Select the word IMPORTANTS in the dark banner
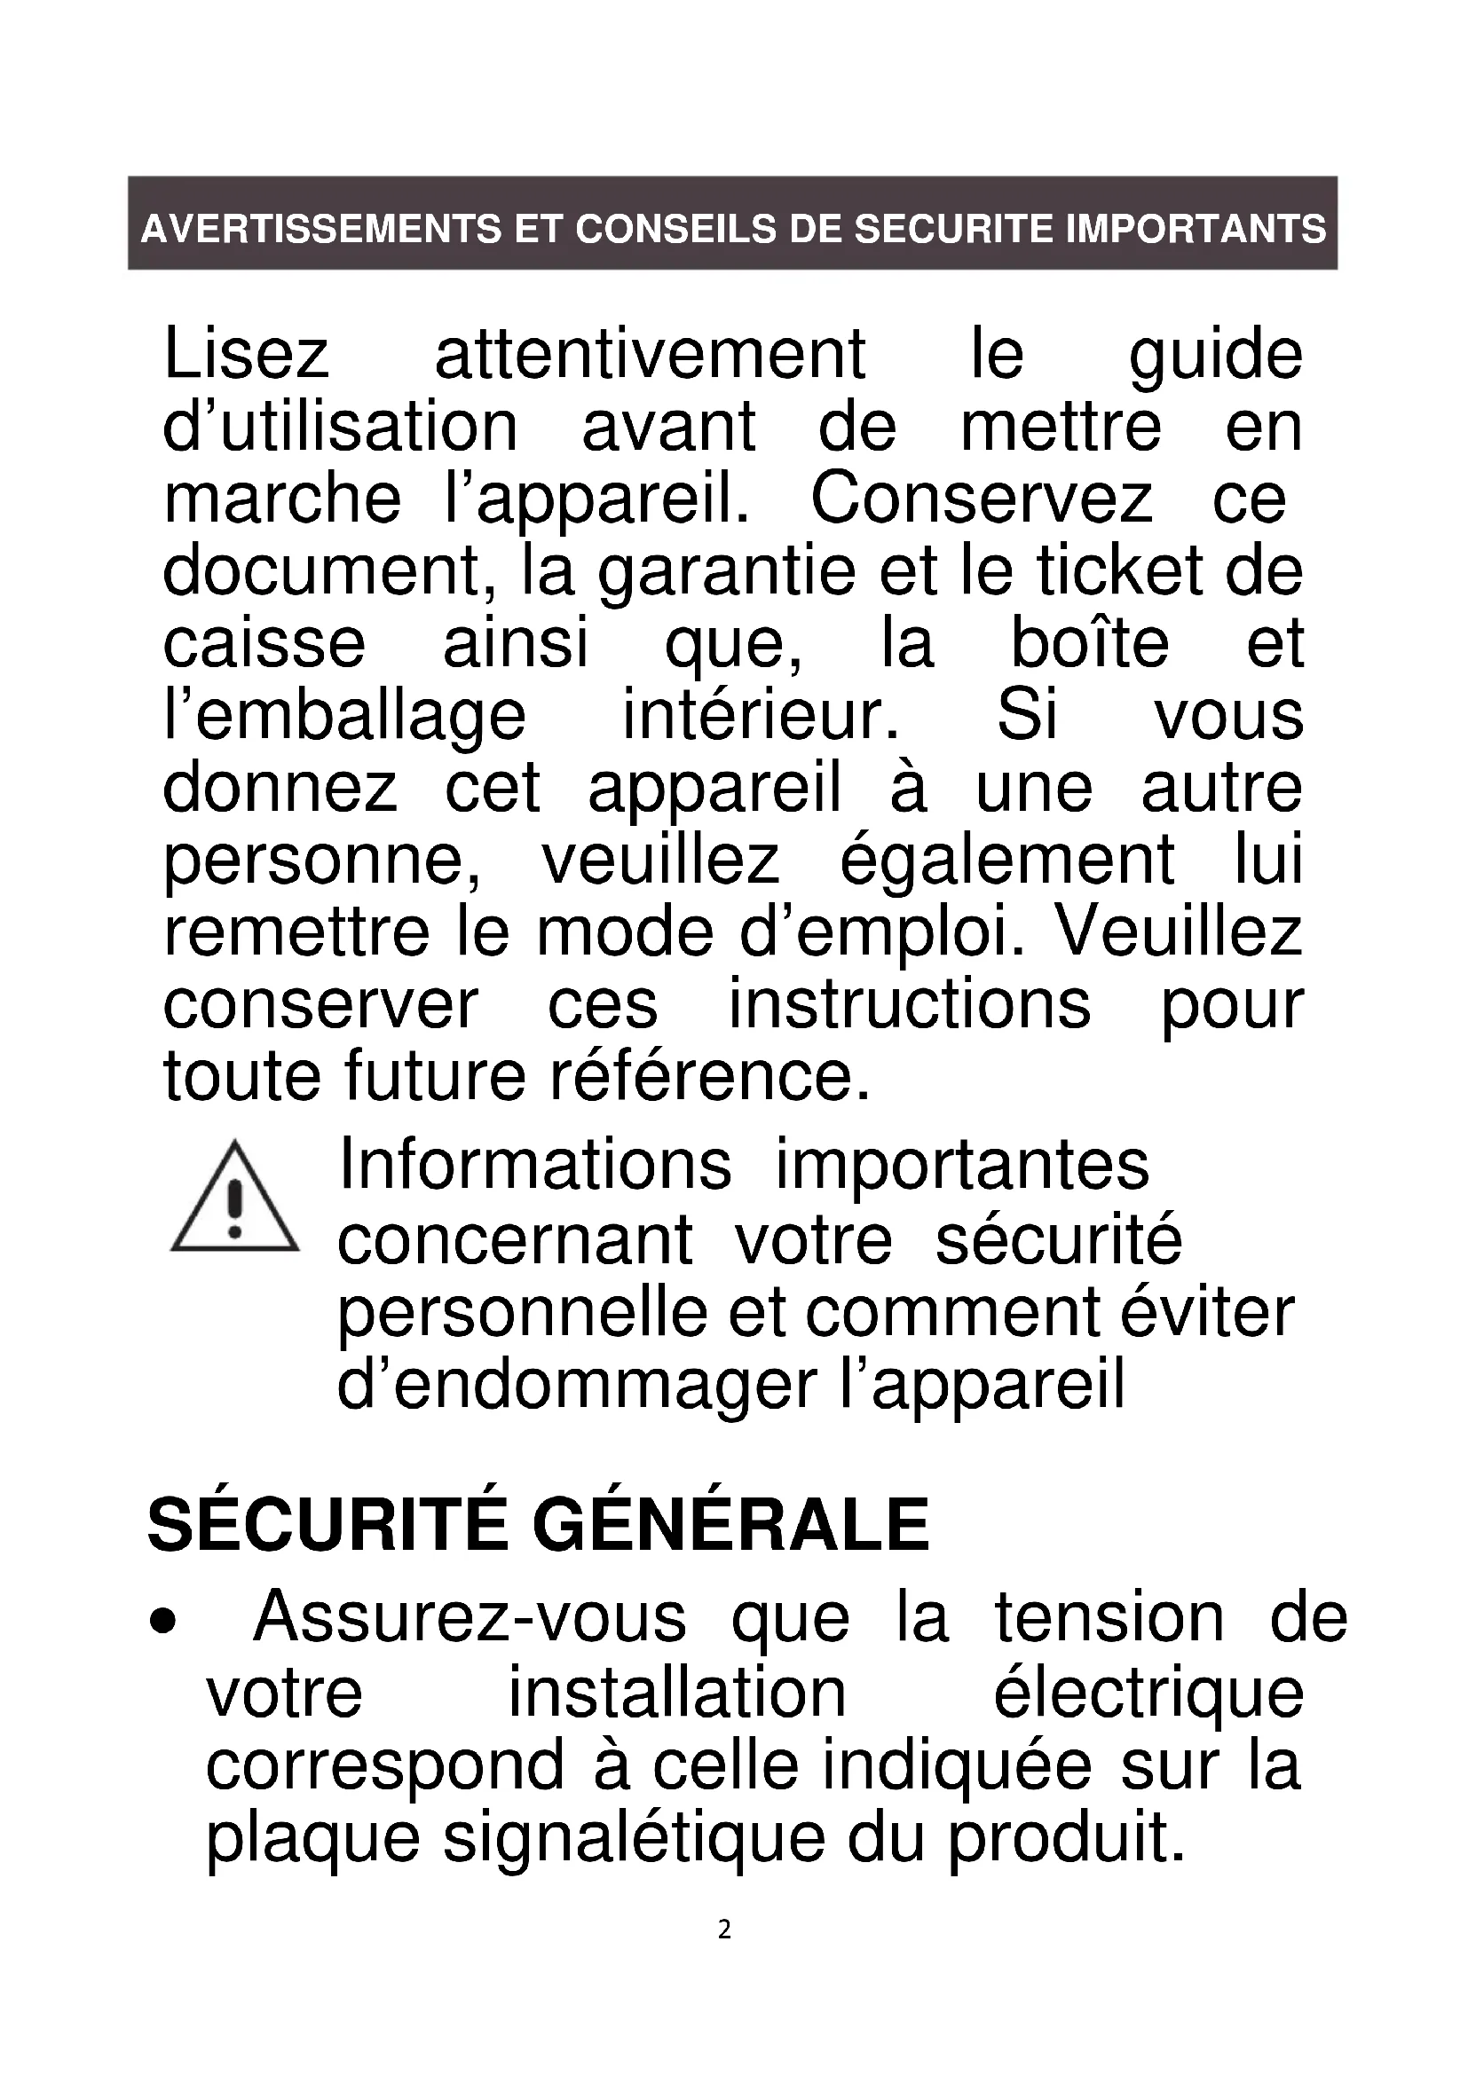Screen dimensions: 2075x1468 pyautogui.click(x=1196, y=229)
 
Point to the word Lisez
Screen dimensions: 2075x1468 pyautogui.click(x=246, y=354)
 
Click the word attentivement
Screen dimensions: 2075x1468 pyautogui.click(x=650, y=354)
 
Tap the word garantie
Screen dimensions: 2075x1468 pyautogui.click(x=726, y=571)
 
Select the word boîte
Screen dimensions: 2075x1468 pyautogui.click(x=1089, y=643)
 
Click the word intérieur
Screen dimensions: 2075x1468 pyautogui.click(x=762, y=716)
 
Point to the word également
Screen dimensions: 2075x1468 pyautogui.click(x=1007, y=861)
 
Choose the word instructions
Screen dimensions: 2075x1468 pyautogui.click(x=911, y=1005)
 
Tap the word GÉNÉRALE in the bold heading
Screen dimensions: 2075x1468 pyautogui.click(x=730, y=1526)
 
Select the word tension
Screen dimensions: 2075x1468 pyautogui.click(x=1109, y=1618)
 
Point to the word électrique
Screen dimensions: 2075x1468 pyautogui.click(x=1148, y=1692)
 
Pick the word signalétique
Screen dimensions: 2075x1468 pyautogui.click(x=634, y=1836)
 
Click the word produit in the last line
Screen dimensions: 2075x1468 pyautogui.click(x=1066, y=1836)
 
